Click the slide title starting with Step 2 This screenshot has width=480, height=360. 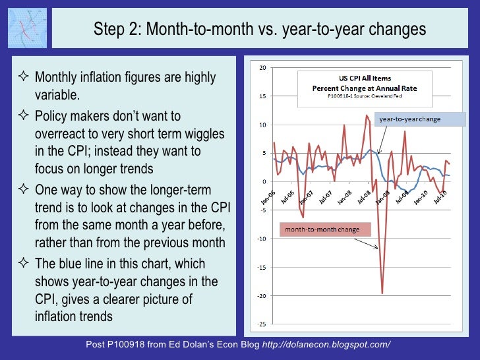tap(260, 29)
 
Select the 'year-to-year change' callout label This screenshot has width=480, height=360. tap(408, 119)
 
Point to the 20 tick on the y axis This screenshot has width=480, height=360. tap(263, 68)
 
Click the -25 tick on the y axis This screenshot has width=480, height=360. tap(262, 324)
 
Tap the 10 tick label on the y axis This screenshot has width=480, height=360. tap(263, 125)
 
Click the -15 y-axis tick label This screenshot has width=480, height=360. tap(262, 268)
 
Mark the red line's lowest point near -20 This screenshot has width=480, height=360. tap(382, 293)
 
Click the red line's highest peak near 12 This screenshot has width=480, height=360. tap(367, 115)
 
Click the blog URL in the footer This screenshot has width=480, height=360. tap(326, 345)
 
